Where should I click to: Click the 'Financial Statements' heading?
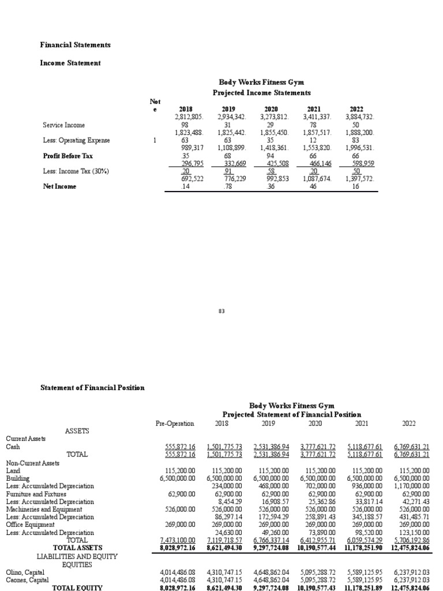75,44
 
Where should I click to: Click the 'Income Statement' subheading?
70,63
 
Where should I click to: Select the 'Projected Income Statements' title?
261,92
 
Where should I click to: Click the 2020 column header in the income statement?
271,109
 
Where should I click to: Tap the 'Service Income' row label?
63,125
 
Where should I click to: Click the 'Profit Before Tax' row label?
67,156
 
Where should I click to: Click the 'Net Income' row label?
59,186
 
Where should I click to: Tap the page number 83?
221,311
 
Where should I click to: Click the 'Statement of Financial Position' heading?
92,387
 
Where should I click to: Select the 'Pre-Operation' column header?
175,423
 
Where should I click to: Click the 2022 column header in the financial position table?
408,423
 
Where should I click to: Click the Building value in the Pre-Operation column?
177,478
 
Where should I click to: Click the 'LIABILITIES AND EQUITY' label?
77,556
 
